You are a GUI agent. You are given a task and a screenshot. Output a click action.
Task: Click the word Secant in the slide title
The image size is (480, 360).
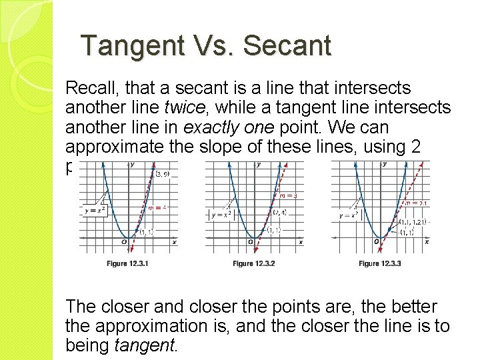287,46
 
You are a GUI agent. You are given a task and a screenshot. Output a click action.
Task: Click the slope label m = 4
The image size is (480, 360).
156,207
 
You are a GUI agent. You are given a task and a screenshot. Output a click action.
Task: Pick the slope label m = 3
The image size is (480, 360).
287,196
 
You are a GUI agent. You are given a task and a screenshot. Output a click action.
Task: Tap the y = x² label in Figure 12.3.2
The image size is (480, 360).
221,214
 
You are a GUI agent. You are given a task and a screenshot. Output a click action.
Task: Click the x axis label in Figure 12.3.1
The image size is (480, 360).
175,242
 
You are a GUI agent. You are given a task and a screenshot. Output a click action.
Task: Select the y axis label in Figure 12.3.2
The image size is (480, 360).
259,164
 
